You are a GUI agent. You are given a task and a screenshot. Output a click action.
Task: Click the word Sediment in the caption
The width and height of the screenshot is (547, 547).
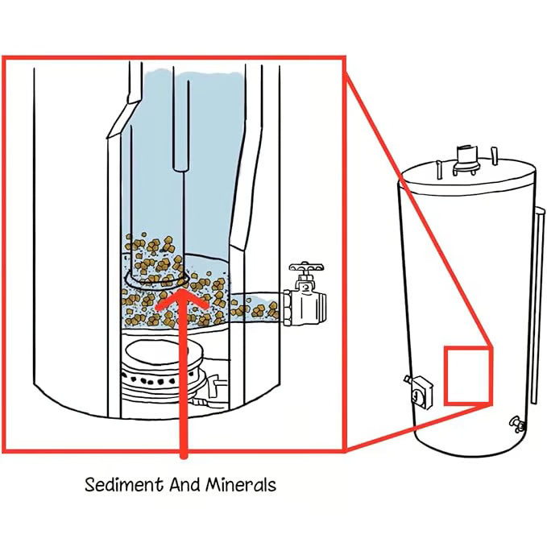tap(116, 485)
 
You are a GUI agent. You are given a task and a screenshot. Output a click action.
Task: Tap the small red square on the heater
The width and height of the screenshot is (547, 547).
tap(468, 375)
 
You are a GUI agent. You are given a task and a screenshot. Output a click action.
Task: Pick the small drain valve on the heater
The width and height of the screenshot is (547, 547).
tap(514, 422)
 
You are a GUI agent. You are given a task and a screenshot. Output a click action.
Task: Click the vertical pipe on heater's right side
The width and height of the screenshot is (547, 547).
tap(533, 306)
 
